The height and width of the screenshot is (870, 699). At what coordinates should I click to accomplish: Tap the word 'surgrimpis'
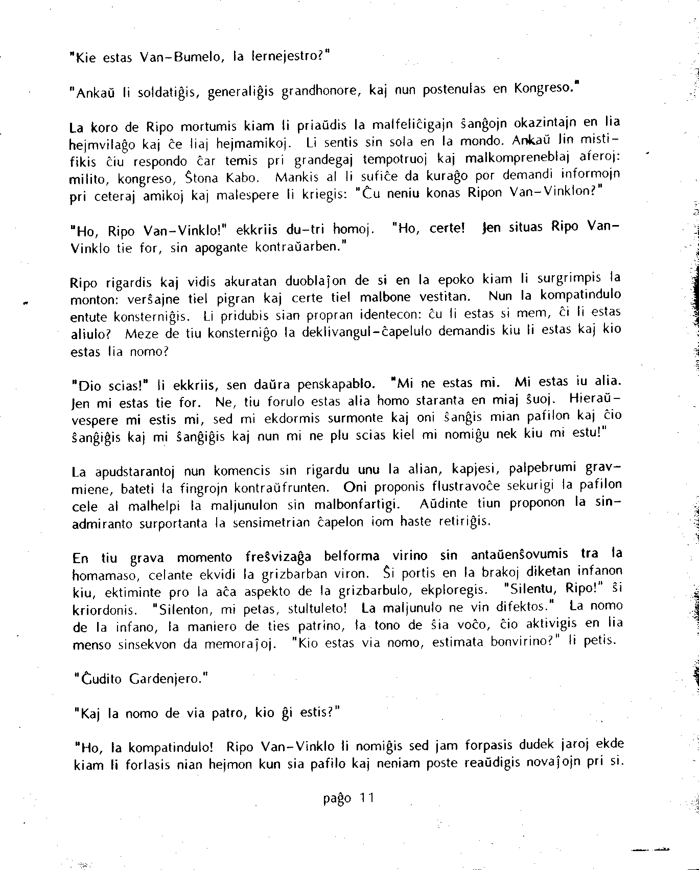(562, 279)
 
